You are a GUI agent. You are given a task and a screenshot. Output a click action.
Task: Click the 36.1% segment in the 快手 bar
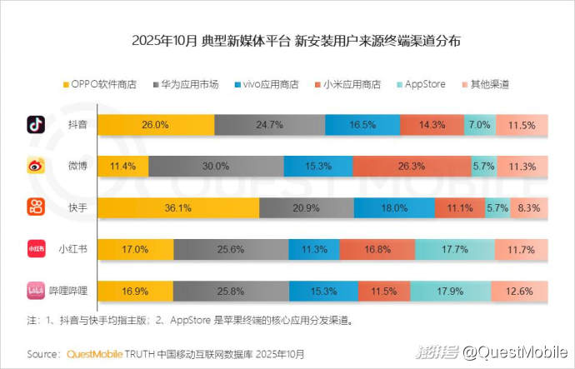pyautogui.click(x=156, y=208)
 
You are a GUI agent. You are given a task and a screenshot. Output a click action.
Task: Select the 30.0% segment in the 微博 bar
pyautogui.click(x=216, y=167)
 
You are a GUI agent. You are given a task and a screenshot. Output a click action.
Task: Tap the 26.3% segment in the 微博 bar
pyautogui.click(x=412, y=167)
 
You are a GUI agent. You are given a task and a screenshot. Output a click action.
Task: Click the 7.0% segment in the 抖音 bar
pyautogui.click(x=478, y=125)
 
